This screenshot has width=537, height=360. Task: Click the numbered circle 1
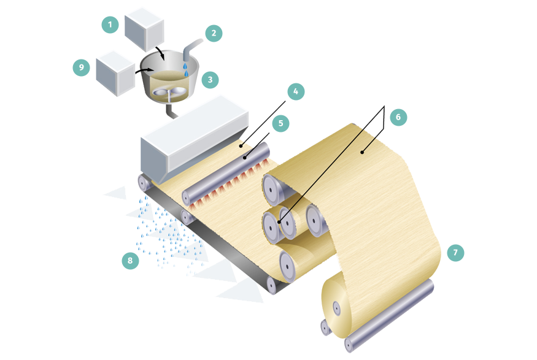(110, 25)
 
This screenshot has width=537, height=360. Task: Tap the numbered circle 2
(214, 33)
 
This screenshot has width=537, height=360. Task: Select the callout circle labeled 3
(210, 80)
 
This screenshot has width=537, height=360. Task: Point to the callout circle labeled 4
(296, 91)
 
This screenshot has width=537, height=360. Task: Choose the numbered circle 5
(281, 123)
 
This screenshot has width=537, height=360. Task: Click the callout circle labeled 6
(398, 117)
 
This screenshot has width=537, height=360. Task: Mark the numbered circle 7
(455, 253)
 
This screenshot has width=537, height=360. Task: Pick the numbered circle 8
(130, 261)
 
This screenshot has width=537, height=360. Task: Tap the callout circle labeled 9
(81, 67)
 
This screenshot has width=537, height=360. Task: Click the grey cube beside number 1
(144, 30)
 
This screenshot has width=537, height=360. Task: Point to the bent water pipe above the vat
(191, 49)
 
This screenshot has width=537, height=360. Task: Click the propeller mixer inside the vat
(169, 93)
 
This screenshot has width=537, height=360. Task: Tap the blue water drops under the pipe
(185, 69)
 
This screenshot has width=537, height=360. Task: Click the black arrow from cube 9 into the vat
(144, 71)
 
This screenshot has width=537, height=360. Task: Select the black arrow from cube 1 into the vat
(160, 52)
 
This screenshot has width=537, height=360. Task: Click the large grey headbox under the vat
(194, 140)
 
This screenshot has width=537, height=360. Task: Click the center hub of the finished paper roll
(337, 308)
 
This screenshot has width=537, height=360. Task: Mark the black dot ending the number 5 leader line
(245, 158)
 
